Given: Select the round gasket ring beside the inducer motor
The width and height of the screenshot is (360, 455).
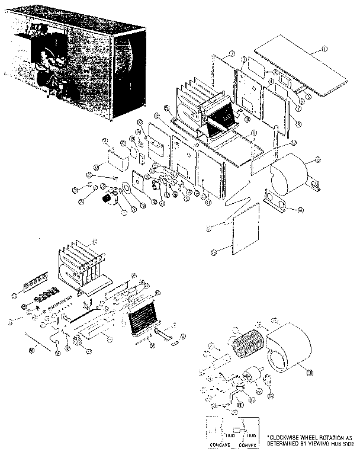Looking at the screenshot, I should pyautogui.click(x=126, y=192).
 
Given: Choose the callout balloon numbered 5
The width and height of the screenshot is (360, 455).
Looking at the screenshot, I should pyautogui.click(x=308, y=92).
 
